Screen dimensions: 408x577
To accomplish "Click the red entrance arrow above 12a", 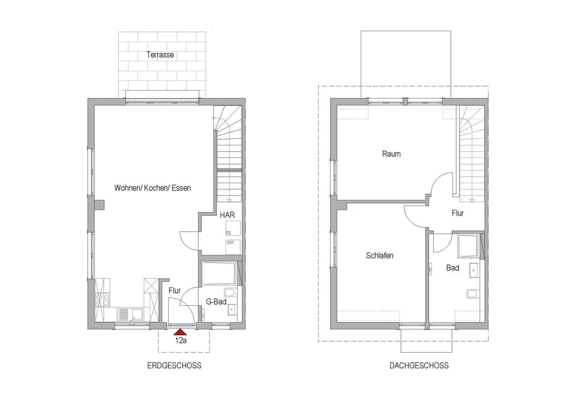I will (179, 330).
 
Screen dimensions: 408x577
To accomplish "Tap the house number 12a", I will (180, 339).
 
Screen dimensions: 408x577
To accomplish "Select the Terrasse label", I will (160, 55).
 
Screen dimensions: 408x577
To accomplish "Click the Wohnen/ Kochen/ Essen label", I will (153, 188).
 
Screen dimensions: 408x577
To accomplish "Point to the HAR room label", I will (227, 215).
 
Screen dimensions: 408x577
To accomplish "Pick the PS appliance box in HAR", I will (233, 229).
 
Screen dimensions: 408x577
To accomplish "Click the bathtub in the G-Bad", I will (220, 273).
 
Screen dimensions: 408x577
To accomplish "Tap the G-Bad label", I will (216, 302).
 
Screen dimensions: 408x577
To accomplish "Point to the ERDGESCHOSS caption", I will (174, 365).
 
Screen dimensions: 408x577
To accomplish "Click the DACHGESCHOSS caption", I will (419, 365).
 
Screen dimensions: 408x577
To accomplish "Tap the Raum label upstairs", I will (391, 154).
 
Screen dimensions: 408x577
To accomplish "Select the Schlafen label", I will (379, 255).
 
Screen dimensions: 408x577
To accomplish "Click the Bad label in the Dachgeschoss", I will (453, 268).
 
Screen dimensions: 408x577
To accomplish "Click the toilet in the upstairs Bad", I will (472, 294).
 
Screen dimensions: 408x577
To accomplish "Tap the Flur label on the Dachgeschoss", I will (458, 213).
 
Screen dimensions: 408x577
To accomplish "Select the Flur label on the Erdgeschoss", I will (175, 291).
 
